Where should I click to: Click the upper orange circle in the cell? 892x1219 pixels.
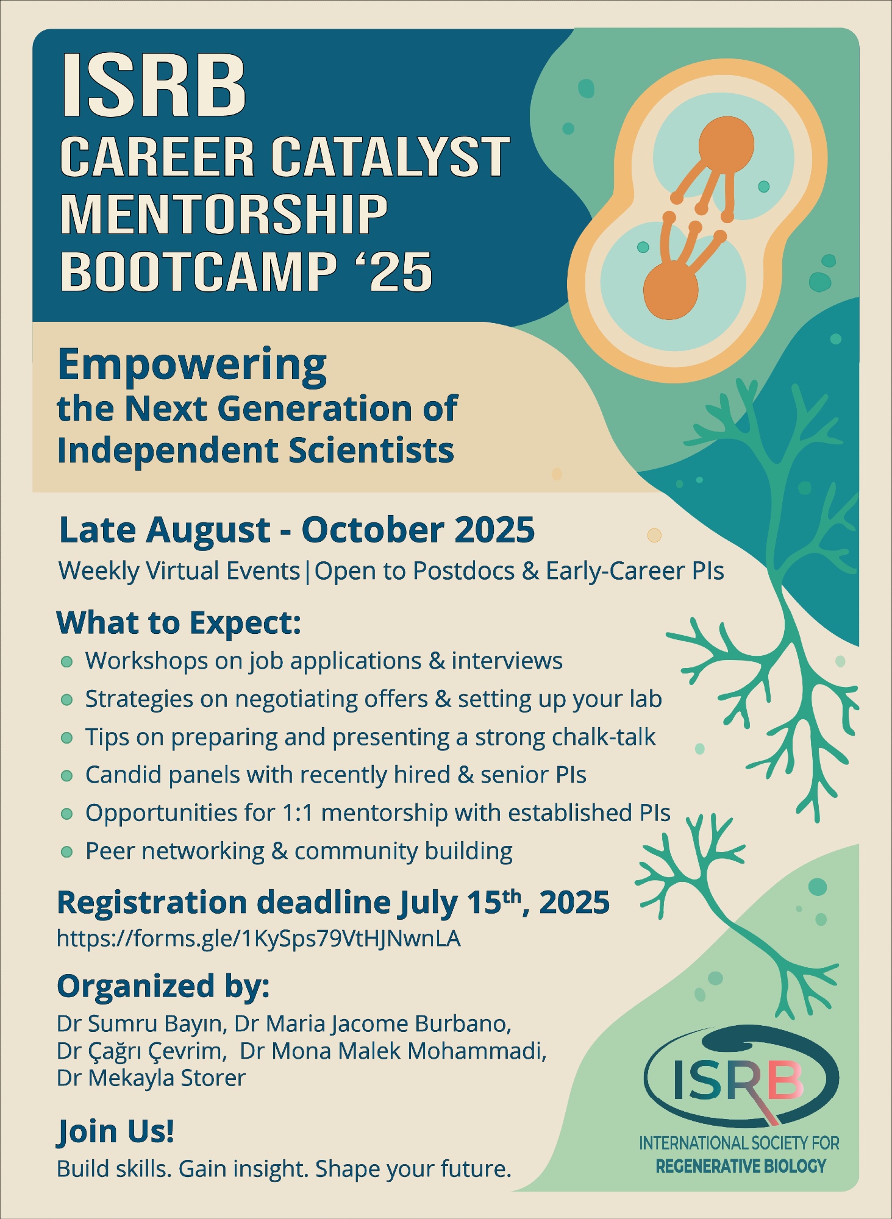pyautogui.click(x=726, y=145)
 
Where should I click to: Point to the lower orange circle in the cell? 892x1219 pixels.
pyautogui.click(x=671, y=291)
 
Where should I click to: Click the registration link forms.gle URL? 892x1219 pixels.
pyautogui.click(x=259, y=938)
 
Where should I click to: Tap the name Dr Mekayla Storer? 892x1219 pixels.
pyautogui.click(x=151, y=1078)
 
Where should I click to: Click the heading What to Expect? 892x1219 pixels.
pyautogui.click(x=179, y=623)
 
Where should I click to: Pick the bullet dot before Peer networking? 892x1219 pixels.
pyautogui.click(x=67, y=851)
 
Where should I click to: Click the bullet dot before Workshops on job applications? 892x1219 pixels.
pyautogui.click(x=67, y=662)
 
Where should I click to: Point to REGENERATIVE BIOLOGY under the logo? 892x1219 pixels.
pyautogui.click(x=741, y=1167)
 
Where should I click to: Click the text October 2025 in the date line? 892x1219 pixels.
pyautogui.click(x=418, y=530)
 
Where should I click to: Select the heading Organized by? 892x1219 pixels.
pyautogui.click(x=163, y=987)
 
